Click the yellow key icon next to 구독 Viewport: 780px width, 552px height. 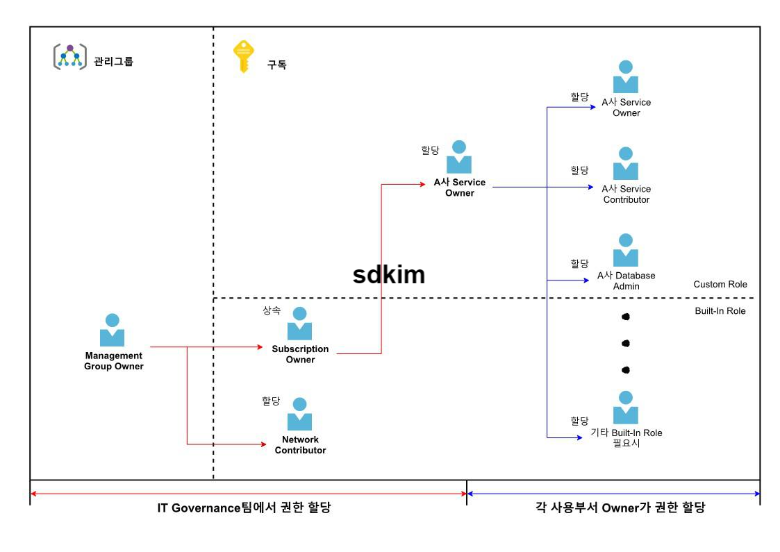point(243,56)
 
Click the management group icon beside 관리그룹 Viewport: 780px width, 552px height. point(70,57)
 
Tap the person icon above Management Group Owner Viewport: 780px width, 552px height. point(112,331)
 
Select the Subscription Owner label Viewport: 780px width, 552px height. point(300,354)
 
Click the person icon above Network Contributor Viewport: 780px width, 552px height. point(300,415)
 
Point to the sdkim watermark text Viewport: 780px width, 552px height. point(388,274)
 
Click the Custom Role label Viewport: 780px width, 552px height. point(720,284)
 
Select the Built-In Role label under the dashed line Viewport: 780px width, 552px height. point(720,311)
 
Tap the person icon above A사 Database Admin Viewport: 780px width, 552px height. point(626,251)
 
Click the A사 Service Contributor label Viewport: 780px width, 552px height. point(627,194)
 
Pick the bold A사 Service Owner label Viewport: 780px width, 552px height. point(459,187)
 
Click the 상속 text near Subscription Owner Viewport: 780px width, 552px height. point(272,310)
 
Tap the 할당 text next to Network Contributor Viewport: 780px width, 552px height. point(271,401)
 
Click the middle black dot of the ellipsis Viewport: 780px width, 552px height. point(626,343)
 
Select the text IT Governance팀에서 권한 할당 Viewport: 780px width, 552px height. point(244,508)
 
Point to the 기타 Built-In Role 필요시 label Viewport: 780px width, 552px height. point(627,437)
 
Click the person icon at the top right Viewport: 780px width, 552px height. point(626,77)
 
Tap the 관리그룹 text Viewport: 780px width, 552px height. point(113,61)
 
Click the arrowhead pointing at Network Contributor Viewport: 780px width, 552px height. point(263,444)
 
